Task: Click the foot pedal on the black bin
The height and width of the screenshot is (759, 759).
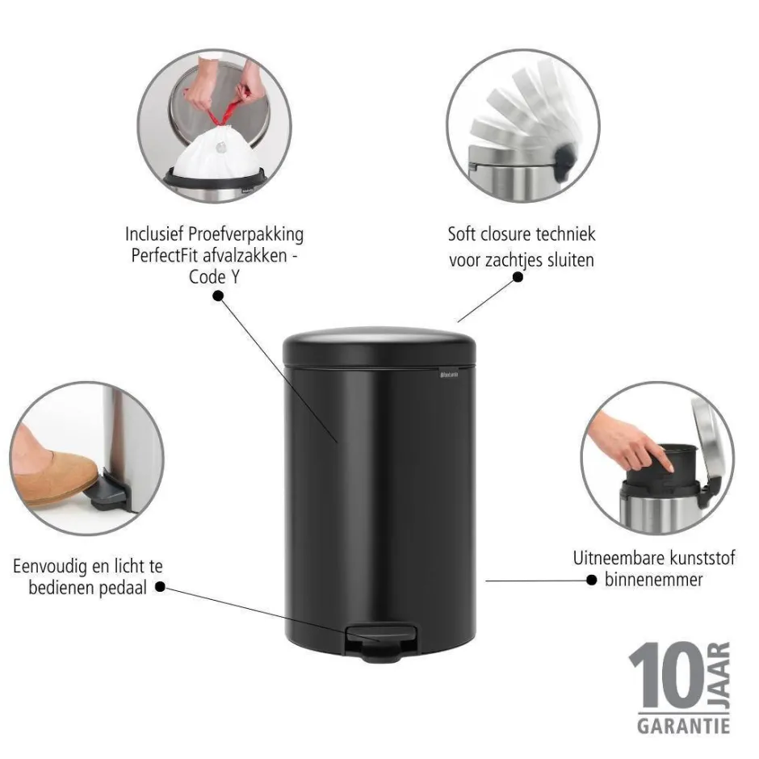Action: pyautogui.click(x=381, y=643)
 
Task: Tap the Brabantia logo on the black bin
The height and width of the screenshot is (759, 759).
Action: pyautogui.click(x=449, y=374)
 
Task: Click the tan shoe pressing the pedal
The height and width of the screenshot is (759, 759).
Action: pyautogui.click(x=53, y=470)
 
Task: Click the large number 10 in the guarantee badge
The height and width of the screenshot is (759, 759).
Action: pyautogui.click(x=668, y=676)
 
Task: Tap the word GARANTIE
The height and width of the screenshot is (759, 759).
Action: pyautogui.click(x=683, y=726)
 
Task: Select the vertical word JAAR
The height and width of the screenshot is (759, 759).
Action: pyautogui.click(x=719, y=675)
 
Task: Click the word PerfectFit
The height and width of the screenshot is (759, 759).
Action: pyautogui.click(x=160, y=255)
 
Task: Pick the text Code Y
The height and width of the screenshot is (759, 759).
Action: pyautogui.click(x=214, y=278)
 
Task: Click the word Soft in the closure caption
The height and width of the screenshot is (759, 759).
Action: pyautogui.click(x=463, y=234)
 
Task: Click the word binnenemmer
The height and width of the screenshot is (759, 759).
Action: pyautogui.click(x=653, y=580)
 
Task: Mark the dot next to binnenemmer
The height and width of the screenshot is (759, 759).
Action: pyautogui.click(x=591, y=580)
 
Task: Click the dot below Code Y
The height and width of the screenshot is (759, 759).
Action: pyautogui.click(x=218, y=296)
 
